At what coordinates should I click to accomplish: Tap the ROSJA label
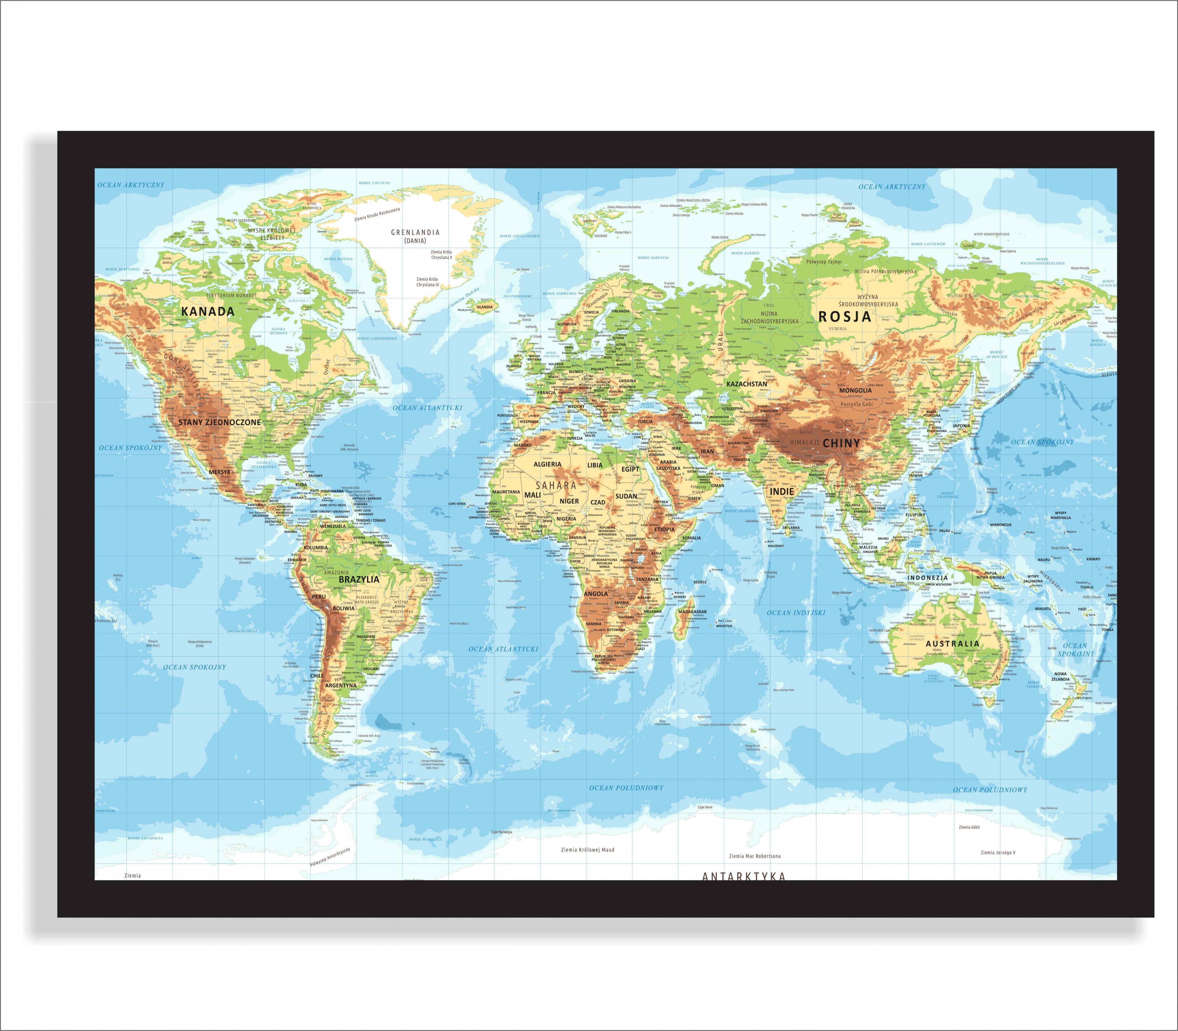pos(845,317)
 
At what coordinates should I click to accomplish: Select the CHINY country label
pos(841,443)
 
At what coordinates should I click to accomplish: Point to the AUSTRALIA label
pos(952,644)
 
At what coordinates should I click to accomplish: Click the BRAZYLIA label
pos(359,579)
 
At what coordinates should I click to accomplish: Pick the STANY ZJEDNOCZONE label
pos(219,422)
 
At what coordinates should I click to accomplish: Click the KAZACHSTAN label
pos(746,384)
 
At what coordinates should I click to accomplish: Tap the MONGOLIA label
pos(855,390)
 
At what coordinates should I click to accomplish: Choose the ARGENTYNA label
pos(341,686)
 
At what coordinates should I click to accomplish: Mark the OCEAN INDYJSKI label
pos(796,613)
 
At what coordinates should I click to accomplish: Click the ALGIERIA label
pos(547,464)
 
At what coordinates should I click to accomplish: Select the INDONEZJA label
pos(928,577)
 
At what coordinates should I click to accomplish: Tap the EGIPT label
pos(630,469)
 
